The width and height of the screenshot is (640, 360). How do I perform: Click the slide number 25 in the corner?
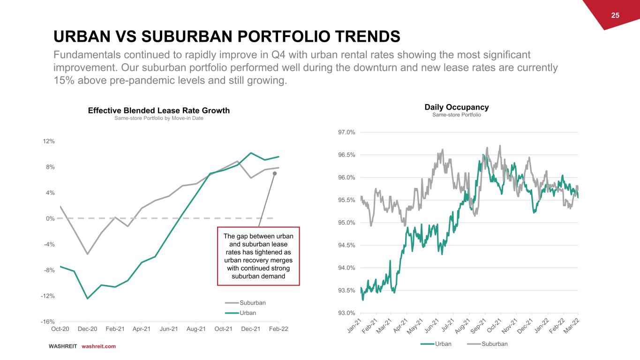(615, 15)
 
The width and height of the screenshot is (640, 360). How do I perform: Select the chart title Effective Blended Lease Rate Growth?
(159, 111)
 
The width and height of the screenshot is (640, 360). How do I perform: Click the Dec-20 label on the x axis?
(87, 329)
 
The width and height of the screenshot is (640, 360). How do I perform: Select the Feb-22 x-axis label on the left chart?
(278, 329)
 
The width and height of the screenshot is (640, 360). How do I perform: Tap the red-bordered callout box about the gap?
(258, 256)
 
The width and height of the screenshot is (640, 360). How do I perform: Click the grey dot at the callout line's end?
(275, 173)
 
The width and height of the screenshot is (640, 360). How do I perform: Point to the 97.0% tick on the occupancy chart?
(346, 132)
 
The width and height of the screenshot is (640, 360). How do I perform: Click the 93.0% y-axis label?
(346, 313)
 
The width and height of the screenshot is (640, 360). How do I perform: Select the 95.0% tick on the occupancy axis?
(346, 223)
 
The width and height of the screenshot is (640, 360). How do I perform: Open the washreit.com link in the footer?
(98, 346)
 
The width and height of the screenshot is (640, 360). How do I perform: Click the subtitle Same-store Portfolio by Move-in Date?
(159, 118)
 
